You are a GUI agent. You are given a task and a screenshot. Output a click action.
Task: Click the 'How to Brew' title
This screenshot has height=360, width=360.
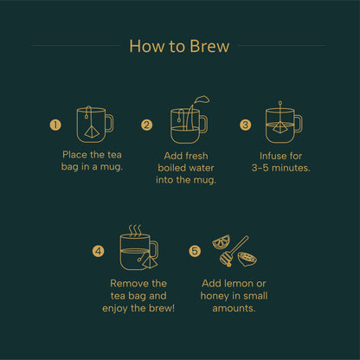pos(179,46)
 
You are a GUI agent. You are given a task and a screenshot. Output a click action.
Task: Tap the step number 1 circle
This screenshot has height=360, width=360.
pos(56,125)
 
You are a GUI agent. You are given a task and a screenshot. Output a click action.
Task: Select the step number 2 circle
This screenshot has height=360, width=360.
pos(147,125)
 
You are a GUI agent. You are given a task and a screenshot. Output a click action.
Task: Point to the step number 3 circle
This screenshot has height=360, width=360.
pos(245,125)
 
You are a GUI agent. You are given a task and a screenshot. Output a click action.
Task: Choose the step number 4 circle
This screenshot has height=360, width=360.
pos(98,252)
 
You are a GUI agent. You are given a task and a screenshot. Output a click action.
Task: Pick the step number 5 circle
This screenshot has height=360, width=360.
pos(195,252)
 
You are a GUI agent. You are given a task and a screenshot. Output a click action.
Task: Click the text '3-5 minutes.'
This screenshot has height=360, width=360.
pos(281,167)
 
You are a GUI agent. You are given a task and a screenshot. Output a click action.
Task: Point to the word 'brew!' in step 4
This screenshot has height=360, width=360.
pos(158,307)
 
